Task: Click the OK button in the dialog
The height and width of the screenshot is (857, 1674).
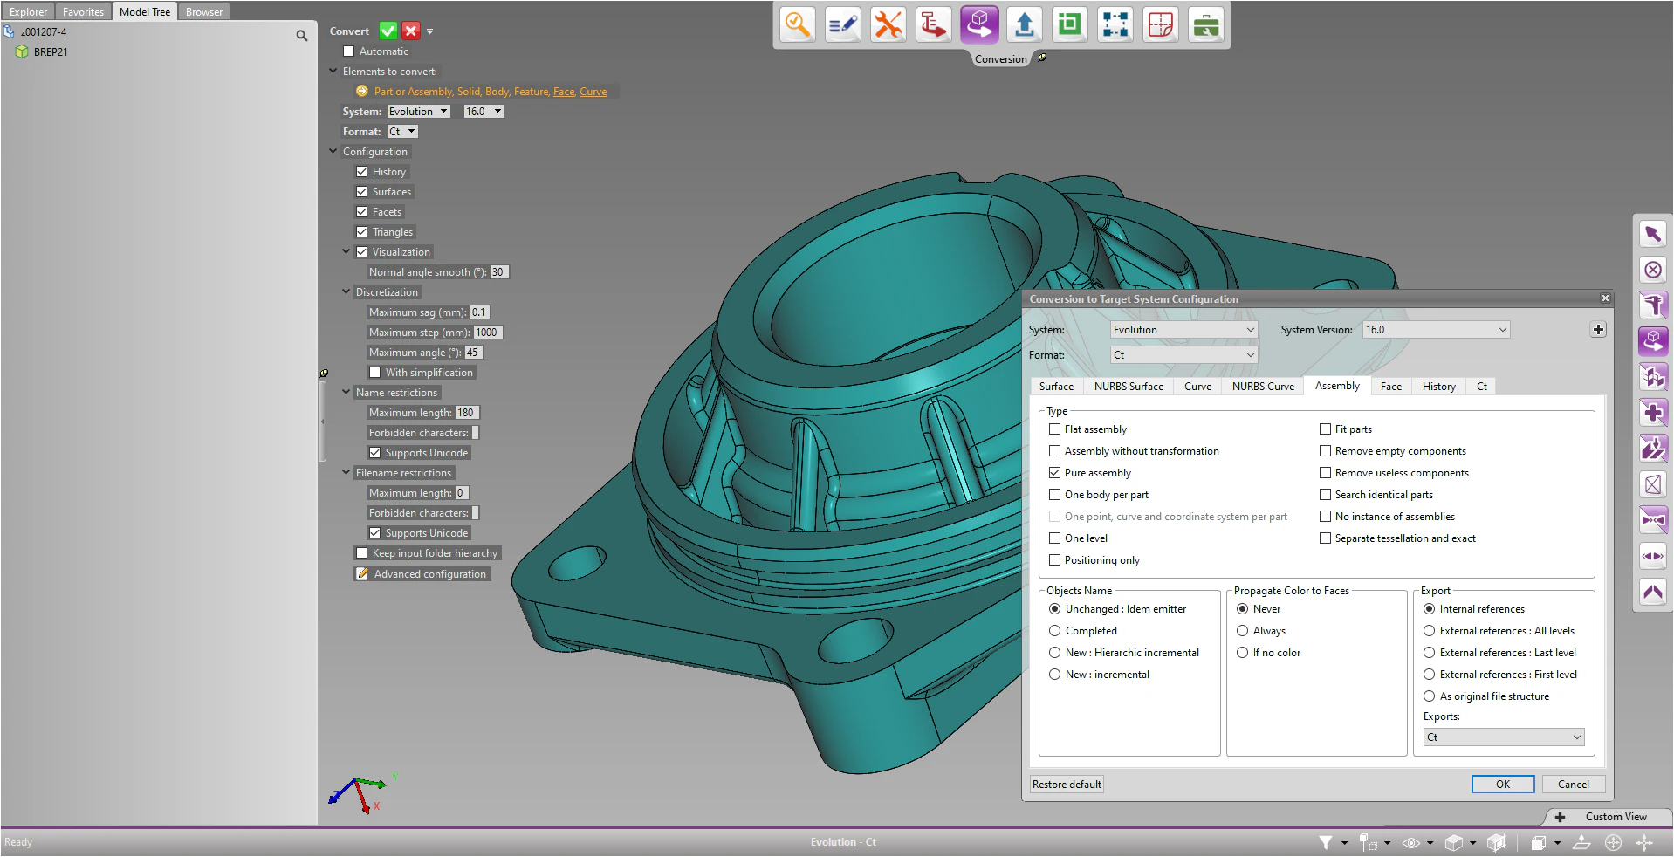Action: tap(1502, 784)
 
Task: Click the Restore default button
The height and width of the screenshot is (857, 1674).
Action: tap(1067, 784)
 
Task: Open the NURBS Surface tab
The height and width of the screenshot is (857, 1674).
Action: tap(1128, 387)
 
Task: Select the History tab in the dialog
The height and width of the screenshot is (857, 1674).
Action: tap(1438, 387)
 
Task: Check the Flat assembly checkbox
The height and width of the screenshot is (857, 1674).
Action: tap(1055, 429)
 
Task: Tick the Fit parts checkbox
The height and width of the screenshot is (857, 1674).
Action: tap(1326, 429)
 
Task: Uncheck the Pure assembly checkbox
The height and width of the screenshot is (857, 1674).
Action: tap(1055, 473)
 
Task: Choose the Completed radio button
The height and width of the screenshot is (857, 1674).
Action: tap(1055, 631)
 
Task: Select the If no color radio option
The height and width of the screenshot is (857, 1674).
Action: tap(1243, 653)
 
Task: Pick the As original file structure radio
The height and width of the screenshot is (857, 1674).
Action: tap(1430, 696)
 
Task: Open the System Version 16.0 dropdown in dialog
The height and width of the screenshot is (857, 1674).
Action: tap(1436, 330)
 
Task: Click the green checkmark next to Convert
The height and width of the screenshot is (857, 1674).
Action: tap(388, 31)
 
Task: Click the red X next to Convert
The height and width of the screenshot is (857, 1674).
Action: tap(411, 31)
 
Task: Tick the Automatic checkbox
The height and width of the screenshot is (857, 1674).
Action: tap(349, 51)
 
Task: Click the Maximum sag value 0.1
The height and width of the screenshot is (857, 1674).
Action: tap(479, 312)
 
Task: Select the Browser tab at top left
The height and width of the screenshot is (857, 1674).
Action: tap(204, 12)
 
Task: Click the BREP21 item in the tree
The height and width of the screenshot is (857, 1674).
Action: tap(51, 52)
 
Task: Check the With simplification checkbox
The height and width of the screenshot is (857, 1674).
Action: tap(375, 373)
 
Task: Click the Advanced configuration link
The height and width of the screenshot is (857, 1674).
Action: tap(429, 574)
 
